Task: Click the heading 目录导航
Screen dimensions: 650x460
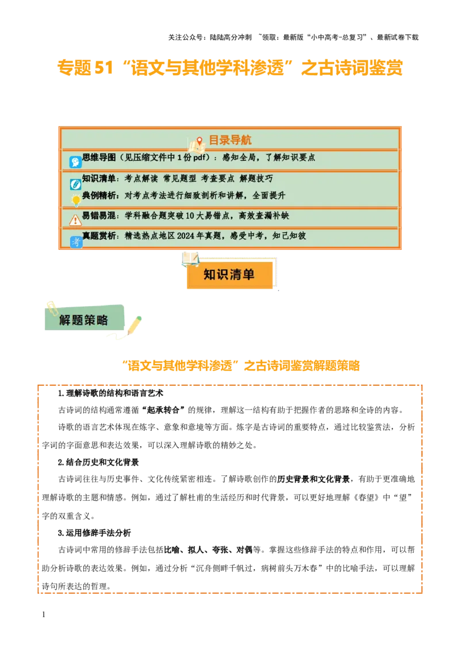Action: (x=229, y=140)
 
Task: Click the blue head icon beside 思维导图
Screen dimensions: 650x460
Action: (x=75, y=162)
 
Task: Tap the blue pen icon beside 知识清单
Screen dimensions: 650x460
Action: (x=75, y=184)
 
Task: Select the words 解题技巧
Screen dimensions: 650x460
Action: (x=256, y=179)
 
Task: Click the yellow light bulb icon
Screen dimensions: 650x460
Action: (x=75, y=200)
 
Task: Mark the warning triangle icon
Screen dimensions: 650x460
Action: (x=75, y=220)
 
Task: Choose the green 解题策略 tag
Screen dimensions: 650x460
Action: (x=84, y=320)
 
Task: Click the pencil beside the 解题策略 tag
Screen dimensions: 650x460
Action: (x=134, y=325)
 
